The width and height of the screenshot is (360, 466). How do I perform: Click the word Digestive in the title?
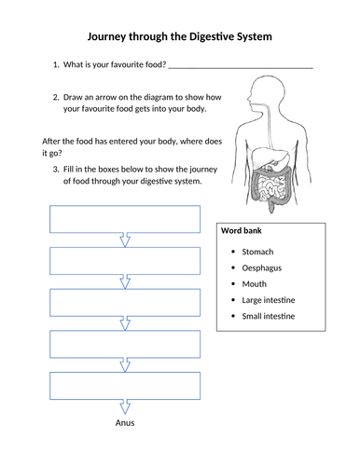tap(212, 36)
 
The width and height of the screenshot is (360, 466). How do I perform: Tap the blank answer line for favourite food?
tap(241, 68)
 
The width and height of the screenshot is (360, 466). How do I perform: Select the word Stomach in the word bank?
tap(257, 252)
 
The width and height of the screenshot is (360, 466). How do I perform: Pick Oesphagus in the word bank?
tap(262, 268)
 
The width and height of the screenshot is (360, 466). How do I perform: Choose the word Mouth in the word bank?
tap(255, 284)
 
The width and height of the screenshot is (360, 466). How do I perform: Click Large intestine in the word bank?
tap(269, 300)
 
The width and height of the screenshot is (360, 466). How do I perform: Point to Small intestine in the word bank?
tap(269, 316)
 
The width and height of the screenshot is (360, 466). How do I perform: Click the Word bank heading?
tap(242, 230)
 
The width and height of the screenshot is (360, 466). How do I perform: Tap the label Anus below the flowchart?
tap(125, 423)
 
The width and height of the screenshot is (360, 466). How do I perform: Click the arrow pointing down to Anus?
tap(125, 407)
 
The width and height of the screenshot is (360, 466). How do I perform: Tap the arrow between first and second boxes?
tap(125, 240)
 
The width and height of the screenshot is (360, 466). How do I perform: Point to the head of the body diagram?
tap(267, 90)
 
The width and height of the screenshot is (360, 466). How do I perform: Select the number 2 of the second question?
tap(56, 97)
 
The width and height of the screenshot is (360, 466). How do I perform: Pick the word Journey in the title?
tap(106, 37)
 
